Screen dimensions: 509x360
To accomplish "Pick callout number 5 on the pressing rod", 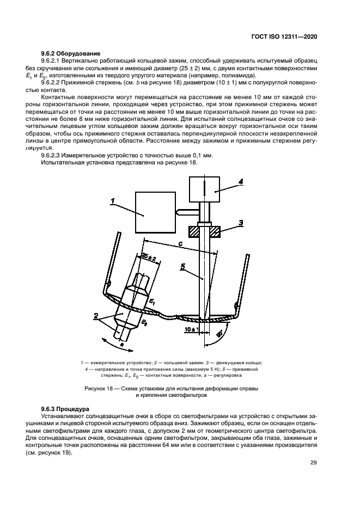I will coord(184,267).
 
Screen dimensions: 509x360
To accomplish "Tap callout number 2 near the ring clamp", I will coord(96,315).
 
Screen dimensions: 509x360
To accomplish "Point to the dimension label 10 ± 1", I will coord(190,330).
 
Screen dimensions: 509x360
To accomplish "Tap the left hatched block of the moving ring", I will coord(193,231).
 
